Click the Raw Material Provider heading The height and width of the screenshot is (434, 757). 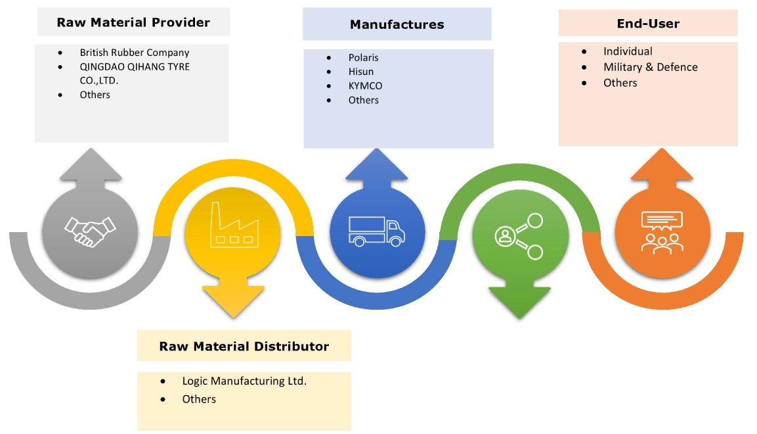pyautogui.click(x=133, y=22)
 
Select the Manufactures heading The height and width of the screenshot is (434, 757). pyautogui.click(x=397, y=24)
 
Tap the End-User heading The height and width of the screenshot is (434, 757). pyautogui.click(x=647, y=24)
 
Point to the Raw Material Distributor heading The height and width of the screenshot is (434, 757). pyautogui.click(x=244, y=346)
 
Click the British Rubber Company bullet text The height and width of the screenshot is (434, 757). pyautogui.click(x=134, y=52)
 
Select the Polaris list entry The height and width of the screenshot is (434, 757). pyautogui.click(x=363, y=57)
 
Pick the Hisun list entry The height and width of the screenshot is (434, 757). pyautogui.click(x=360, y=72)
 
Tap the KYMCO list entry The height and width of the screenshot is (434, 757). pyautogui.click(x=365, y=86)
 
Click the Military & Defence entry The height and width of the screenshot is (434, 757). pyautogui.click(x=650, y=67)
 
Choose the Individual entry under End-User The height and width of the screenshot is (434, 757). pyautogui.click(x=628, y=51)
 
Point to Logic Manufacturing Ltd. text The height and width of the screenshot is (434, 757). pyautogui.click(x=244, y=381)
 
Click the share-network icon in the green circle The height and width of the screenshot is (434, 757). pyautogui.click(x=518, y=237)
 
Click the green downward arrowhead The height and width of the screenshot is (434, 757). pyautogui.click(x=519, y=303)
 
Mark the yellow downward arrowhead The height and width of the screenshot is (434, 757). pyautogui.click(x=233, y=302)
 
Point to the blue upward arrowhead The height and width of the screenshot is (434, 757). pyautogui.click(x=376, y=165)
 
